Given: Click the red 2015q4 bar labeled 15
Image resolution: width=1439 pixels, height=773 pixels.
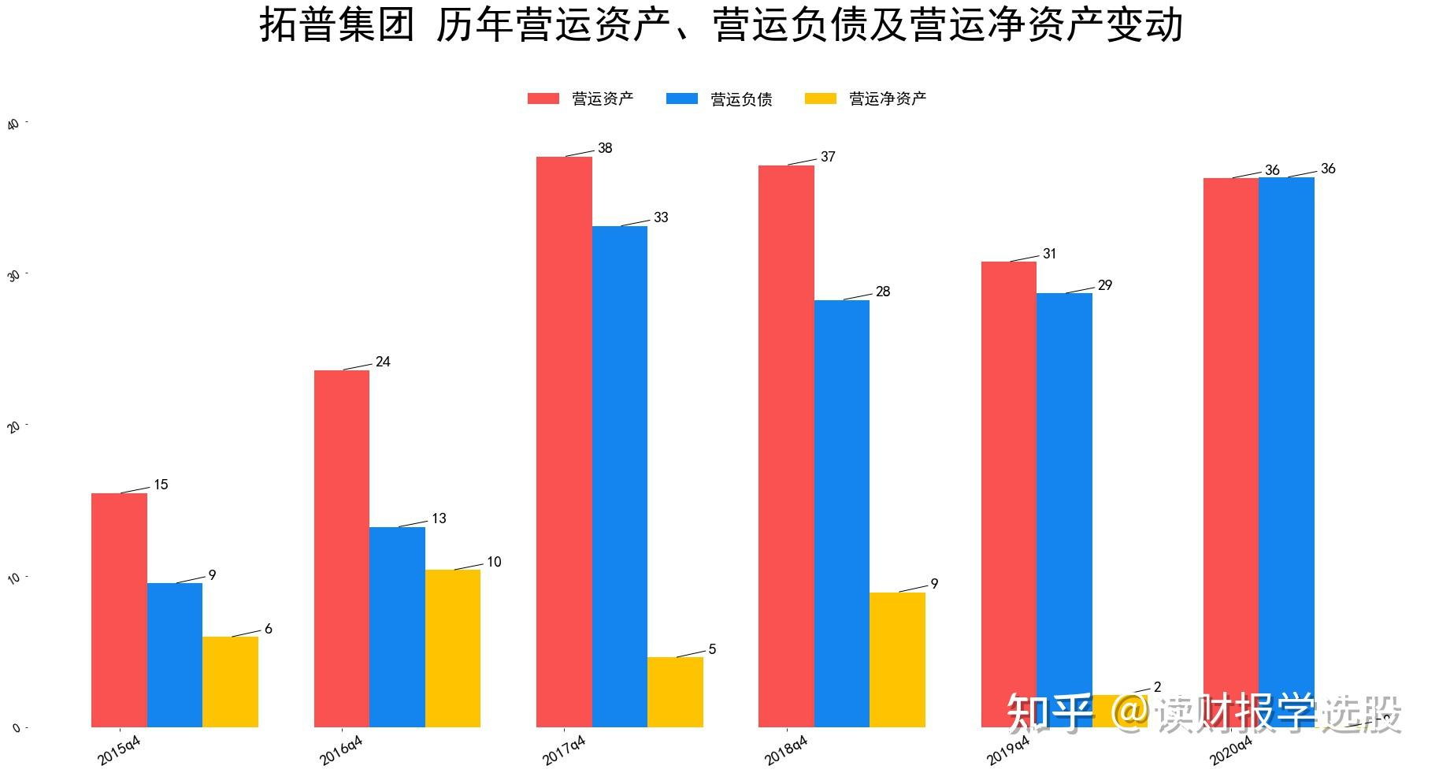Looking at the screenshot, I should pos(119,610).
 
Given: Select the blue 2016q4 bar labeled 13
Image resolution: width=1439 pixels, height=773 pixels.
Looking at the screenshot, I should pos(397,626).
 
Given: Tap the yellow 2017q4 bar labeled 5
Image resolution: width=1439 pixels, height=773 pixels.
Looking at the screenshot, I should pos(675,692).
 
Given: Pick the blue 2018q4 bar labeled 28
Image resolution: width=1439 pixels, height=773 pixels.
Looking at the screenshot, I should pos(842,513).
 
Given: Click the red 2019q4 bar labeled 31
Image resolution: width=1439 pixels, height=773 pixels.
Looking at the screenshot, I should pos(1009,494).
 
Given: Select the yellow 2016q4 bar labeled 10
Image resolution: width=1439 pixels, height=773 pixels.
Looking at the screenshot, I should pos(453,648).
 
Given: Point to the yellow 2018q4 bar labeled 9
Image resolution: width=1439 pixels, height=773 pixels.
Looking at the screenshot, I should pos(897,660).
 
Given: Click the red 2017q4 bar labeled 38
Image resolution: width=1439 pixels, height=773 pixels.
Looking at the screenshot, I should pos(564,441).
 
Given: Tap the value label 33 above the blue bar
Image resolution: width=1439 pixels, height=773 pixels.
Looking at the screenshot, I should pos(661,217).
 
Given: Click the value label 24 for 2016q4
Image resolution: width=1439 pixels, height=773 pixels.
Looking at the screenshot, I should pos(383,362).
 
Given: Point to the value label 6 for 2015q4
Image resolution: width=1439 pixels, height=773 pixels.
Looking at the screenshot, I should pos(269,629).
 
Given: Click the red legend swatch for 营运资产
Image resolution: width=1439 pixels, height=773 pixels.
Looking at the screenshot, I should pos(543,98).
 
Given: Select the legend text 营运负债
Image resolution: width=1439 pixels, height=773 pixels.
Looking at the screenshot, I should pos(741,98).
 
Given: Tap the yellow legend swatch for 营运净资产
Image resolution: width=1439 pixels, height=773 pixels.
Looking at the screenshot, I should pos(821,98).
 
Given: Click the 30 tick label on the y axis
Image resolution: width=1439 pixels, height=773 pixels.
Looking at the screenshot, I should pos(13,276).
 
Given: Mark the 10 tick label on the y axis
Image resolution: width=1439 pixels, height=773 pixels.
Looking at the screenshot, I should pos(13,578).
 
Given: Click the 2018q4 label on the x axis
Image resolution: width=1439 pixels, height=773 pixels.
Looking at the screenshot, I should pos(785,750).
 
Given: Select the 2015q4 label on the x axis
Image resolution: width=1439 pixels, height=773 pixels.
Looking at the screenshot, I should pos(119,750).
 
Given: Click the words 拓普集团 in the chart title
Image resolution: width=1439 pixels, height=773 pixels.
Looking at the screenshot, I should pos(336,24).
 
